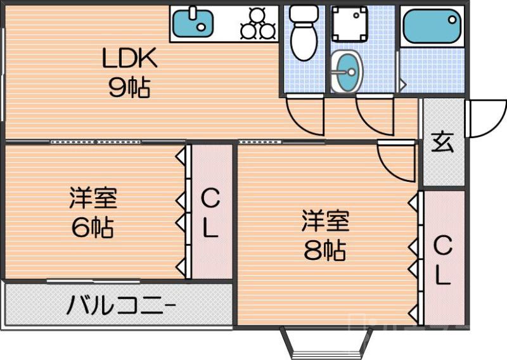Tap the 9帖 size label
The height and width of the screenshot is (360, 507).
(129, 87)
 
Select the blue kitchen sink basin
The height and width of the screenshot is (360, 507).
(193, 23)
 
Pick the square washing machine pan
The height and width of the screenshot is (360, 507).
(348, 25)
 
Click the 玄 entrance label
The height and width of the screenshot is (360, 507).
(443, 143)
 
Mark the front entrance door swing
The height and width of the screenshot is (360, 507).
(485, 119)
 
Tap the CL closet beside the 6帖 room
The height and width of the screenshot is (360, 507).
(211, 213)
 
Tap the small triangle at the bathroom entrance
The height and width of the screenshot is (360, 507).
(401, 83)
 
